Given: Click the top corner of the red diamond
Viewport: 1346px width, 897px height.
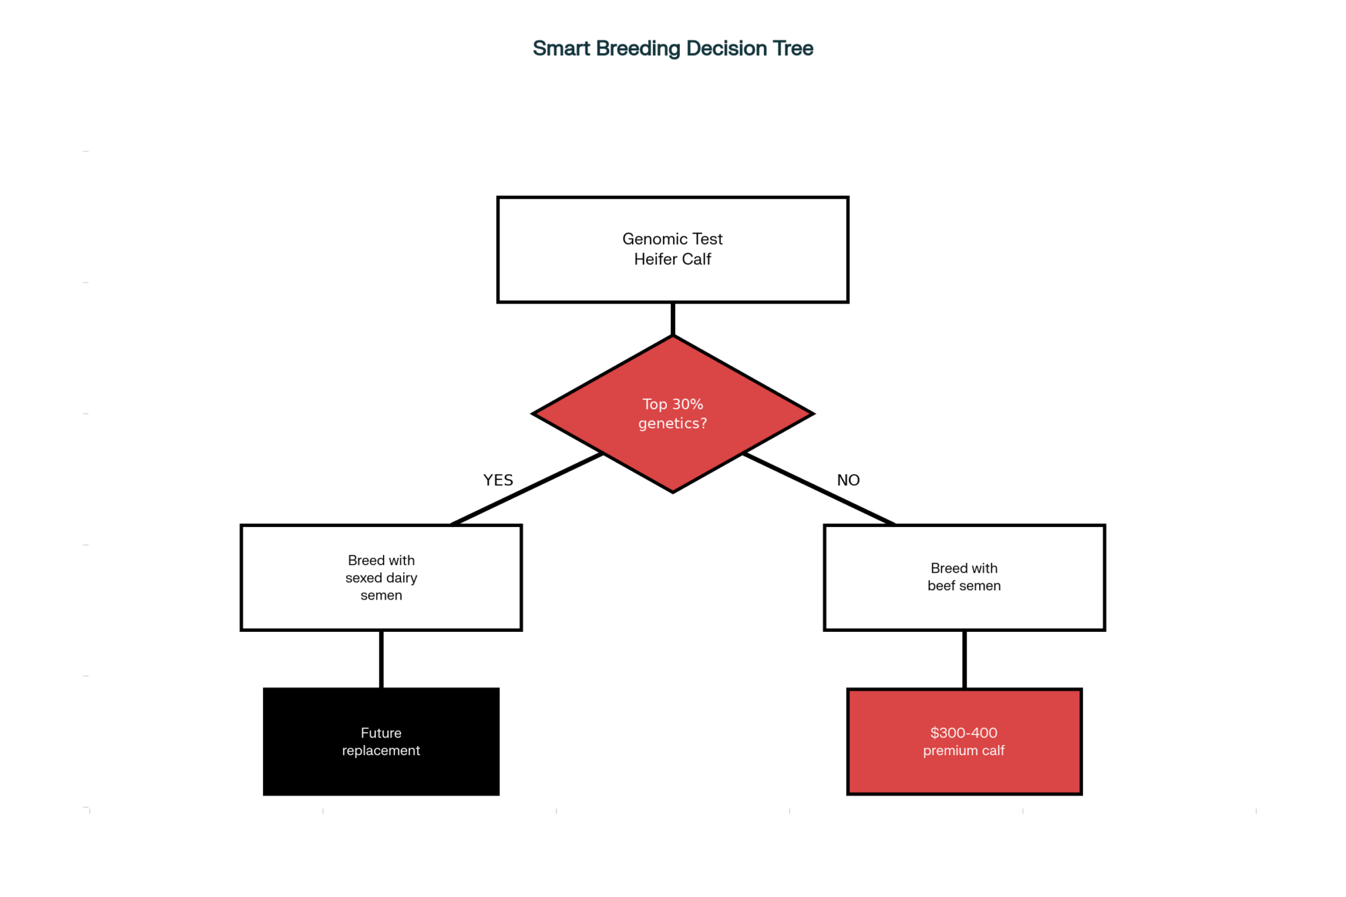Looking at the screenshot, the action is click(x=673, y=336).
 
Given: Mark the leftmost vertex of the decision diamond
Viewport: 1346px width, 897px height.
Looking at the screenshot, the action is click(x=533, y=414).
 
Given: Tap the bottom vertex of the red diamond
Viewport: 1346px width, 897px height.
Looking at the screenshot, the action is click(x=673, y=492).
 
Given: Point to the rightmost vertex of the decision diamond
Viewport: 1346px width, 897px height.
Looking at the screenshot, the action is click(x=813, y=414).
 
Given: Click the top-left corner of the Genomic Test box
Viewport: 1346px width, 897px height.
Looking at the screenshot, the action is click(x=498, y=198).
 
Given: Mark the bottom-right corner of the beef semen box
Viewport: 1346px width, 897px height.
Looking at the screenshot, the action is click(x=1104, y=630).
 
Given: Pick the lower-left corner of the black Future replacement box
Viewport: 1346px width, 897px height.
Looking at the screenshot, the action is click(x=264, y=795).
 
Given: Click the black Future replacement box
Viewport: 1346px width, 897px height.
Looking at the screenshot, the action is click(x=382, y=742).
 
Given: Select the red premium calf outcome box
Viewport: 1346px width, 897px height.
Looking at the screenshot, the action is click(x=964, y=742).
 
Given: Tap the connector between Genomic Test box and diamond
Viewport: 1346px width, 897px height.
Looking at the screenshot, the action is click(x=673, y=319).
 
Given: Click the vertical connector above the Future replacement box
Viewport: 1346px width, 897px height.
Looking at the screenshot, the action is click(x=382, y=659).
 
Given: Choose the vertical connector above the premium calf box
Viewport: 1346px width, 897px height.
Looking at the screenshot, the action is click(x=964, y=659).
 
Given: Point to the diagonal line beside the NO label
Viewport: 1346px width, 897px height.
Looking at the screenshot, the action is click(x=819, y=489).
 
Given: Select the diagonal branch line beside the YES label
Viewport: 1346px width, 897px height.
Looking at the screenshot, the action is click(x=527, y=489).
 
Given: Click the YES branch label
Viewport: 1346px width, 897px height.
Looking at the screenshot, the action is click(x=498, y=480).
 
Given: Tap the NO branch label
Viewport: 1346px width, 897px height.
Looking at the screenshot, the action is click(x=848, y=480).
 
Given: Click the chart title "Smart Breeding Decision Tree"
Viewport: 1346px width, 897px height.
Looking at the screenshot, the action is click(x=673, y=48).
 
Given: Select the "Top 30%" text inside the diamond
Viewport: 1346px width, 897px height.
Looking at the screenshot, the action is click(x=673, y=404).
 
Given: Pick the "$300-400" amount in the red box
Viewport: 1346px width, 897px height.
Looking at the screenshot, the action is click(x=964, y=733).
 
